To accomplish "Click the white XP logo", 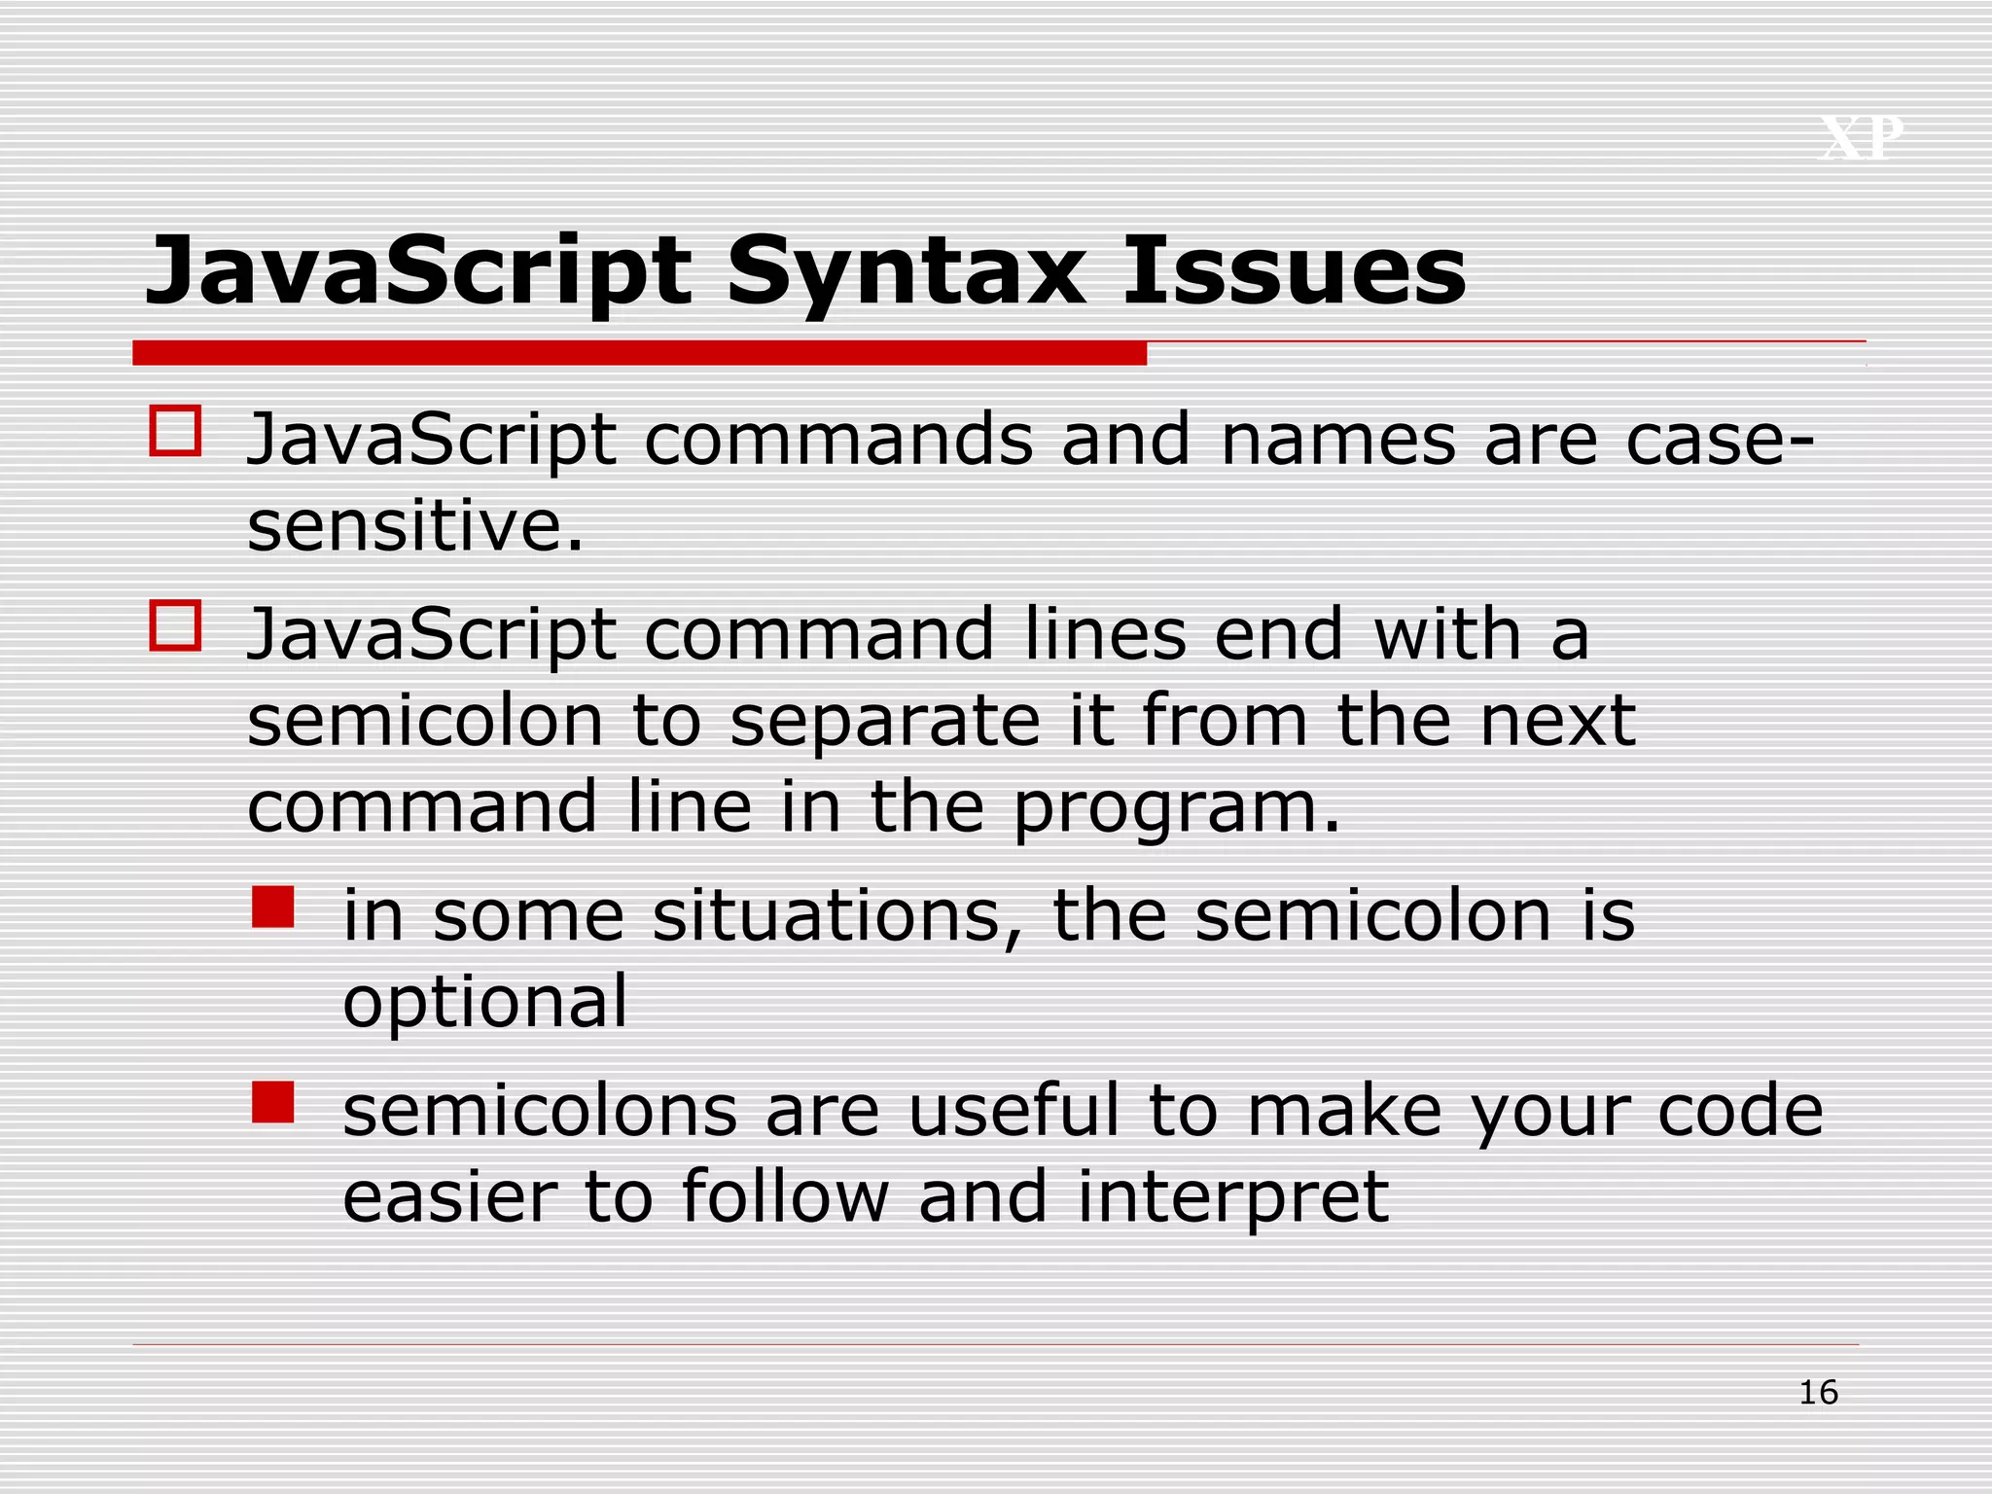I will coord(1861,138).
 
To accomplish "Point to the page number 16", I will coord(1818,1393).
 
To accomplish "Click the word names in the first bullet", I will coord(1337,440).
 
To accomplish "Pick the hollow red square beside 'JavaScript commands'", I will coord(175,431).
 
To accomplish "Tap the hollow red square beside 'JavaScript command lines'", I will coord(175,625).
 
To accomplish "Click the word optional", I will coord(485,1002).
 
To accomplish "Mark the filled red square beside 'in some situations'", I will coord(273,907).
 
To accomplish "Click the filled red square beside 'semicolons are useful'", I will coord(273,1102).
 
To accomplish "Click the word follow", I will coord(784,1196).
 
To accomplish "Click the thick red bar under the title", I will coord(639,352).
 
